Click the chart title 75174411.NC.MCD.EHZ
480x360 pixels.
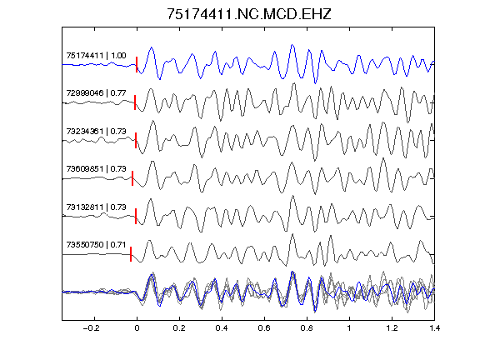click(249, 14)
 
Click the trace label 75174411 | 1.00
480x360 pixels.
click(96, 56)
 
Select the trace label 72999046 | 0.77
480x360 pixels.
click(96, 93)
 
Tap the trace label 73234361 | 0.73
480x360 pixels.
click(96, 132)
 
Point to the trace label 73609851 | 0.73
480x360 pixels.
click(96, 169)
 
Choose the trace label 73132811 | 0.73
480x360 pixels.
click(96, 207)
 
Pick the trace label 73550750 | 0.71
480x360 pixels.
click(96, 245)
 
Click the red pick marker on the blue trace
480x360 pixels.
click(137, 65)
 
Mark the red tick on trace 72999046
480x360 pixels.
click(135, 102)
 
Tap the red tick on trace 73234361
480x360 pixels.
click(136, 141)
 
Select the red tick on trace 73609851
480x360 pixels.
click(132, 178)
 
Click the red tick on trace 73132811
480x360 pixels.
click(136, 216)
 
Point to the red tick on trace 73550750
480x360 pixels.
click(131, 254)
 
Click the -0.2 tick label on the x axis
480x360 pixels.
click(91, 328)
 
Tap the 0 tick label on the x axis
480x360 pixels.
click(137, 328)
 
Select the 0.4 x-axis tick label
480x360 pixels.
click(222, 328)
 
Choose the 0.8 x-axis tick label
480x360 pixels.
click(307, 328)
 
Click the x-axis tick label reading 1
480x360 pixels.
click(349, 328)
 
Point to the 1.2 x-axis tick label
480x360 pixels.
click(392, 328)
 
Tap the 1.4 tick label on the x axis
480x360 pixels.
click(434, 328)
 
